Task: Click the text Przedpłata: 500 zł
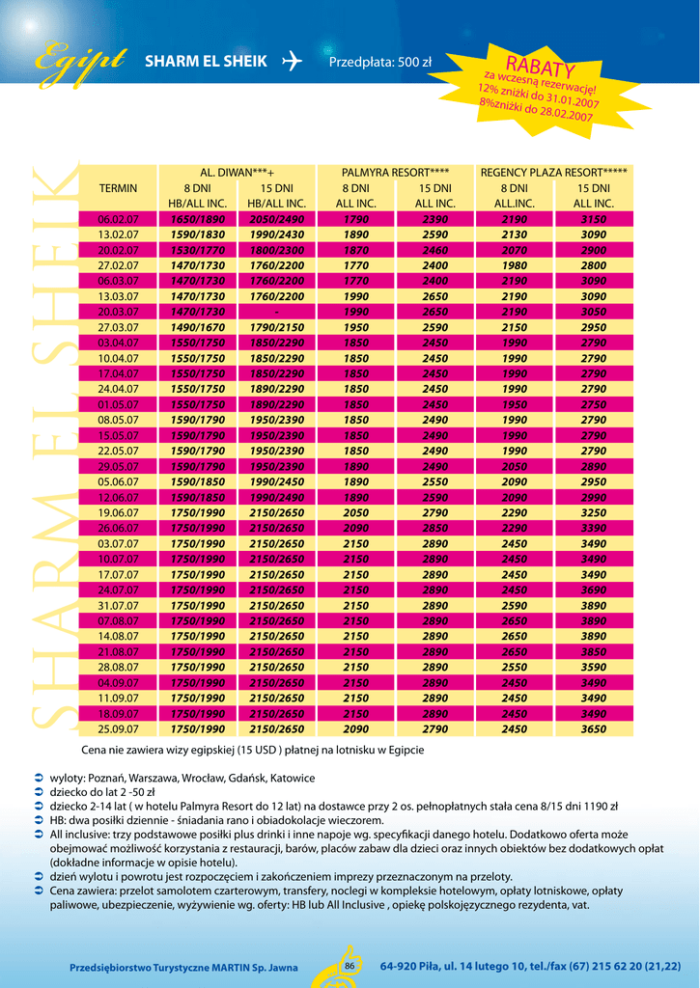[x=380, y=63]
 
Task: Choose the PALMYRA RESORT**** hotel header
[x=395, y=173]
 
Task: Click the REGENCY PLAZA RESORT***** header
[x=553, y=173]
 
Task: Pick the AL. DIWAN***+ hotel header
[x=237, y=173]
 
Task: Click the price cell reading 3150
[x=593, y=220]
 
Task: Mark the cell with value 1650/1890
[x=197, y=220]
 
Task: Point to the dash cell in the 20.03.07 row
[x=276, y=313]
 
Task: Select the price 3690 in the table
[x=593, y=590]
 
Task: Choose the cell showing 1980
[x=514, y=266]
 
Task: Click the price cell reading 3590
[x=593, y=668]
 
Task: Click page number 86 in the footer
[x=350, y=966]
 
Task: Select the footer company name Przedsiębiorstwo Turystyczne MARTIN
[x=183, y=967]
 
